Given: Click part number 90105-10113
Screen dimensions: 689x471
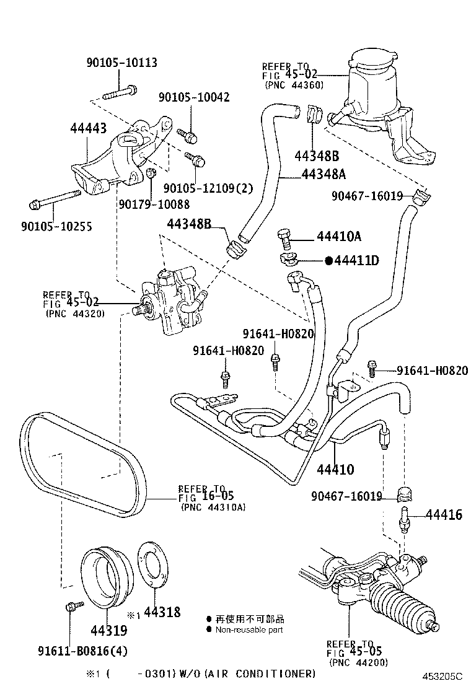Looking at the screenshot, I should tap(121, 63).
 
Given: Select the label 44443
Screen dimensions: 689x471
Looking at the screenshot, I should tap(88, 129).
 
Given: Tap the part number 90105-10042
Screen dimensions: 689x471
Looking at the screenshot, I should tap(193, 97).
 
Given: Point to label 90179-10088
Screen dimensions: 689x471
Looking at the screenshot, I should tap(154, 204).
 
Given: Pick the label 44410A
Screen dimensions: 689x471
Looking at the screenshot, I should tap(339, 237).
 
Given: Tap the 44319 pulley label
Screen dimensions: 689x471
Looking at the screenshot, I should tap(108, 631).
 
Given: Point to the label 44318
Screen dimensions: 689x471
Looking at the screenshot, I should tap(162, 612).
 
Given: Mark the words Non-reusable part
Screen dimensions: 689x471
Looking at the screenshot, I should tap(249, 630).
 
